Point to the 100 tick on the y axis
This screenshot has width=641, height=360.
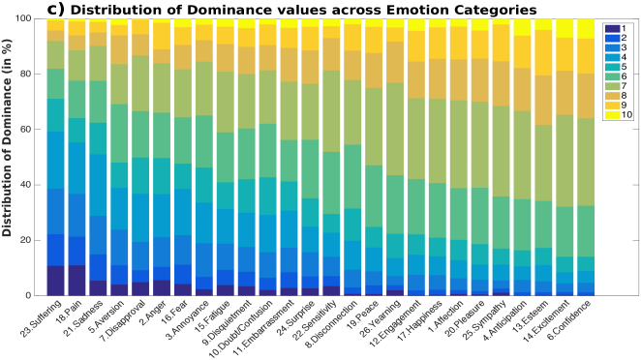pyautogui.click(x=34, y=19)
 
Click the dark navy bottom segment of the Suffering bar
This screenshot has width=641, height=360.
pyautogui.click(x=55, y=280)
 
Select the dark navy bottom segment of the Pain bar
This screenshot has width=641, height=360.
pyautogui.click(x=76, y=280)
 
